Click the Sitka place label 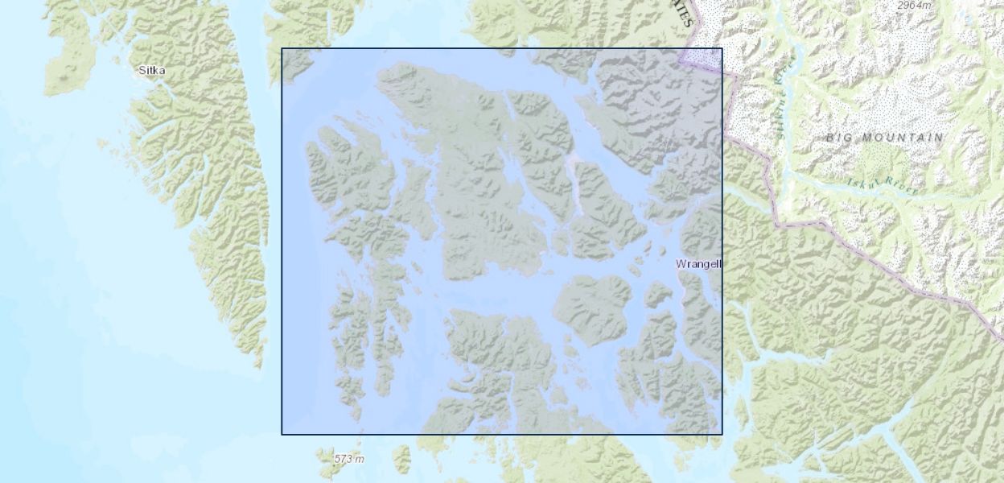coord(151,71)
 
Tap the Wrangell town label coord(699,264)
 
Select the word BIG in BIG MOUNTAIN coord(839,138)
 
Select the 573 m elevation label coord(349,459)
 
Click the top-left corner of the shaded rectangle coord(282,48)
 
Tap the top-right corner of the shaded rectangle coord(722,48)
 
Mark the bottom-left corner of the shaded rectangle coord(282,435)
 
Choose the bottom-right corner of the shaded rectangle coord(722,435)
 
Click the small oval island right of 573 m coord(401,460)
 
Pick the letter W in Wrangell coord(681,264)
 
